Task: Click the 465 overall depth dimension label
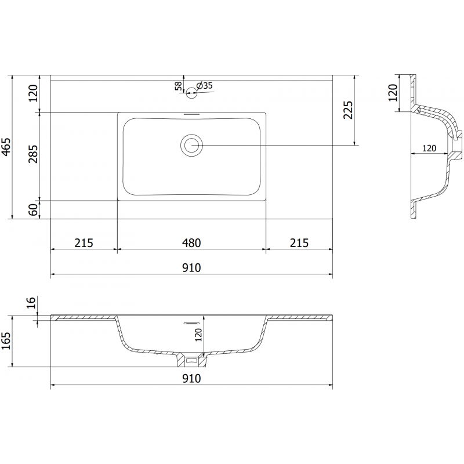(x=6, y=148)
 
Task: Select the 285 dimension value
(x=33, y=155)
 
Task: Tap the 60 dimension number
(x=33, y=210)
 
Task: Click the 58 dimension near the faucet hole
(x=179, y=86)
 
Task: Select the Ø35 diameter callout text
(x=205, y=86)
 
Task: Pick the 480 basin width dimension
(x=191, y=242)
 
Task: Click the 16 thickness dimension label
(x=32, y=303)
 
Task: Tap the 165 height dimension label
(x=6, y=342)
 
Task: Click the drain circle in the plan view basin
(x=191, y=145)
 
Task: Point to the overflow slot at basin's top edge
(x=191, y=114)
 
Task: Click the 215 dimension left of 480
(x=84, y=242)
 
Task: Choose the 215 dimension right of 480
(x=299, y=242)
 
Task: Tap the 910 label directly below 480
(x=191, y=267)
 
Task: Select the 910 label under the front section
(x=191, y=378)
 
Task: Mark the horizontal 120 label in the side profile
(x=429, y=148)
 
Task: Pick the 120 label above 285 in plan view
(x=33, y=93)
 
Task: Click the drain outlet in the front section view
(x=191, y=360)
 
